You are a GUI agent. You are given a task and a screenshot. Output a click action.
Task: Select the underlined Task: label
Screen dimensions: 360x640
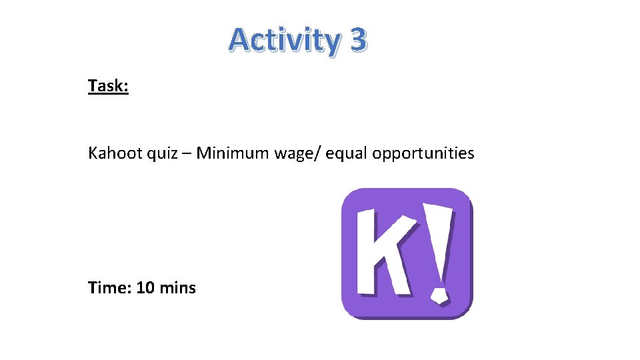pyautogui.click(x=108, y=86)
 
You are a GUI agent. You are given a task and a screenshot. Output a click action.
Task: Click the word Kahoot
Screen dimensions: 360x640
pyautogui.click(x=113, y=153)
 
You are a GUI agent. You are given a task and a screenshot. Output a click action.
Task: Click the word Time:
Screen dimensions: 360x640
pyautogui.click(x=109, y=288)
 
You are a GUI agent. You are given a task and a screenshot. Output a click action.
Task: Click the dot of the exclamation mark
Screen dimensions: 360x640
pyautogui.click(x=439, y=294)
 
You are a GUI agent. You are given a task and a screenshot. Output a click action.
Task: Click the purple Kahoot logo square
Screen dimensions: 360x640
pyautogui.click(x=407, y=253)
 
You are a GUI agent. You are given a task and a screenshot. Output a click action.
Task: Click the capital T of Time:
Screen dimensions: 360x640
pyautogui.click(x=93, y=288)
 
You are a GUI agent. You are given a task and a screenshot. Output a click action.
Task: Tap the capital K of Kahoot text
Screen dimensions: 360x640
pyautogui.click(x=93, y=153)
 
